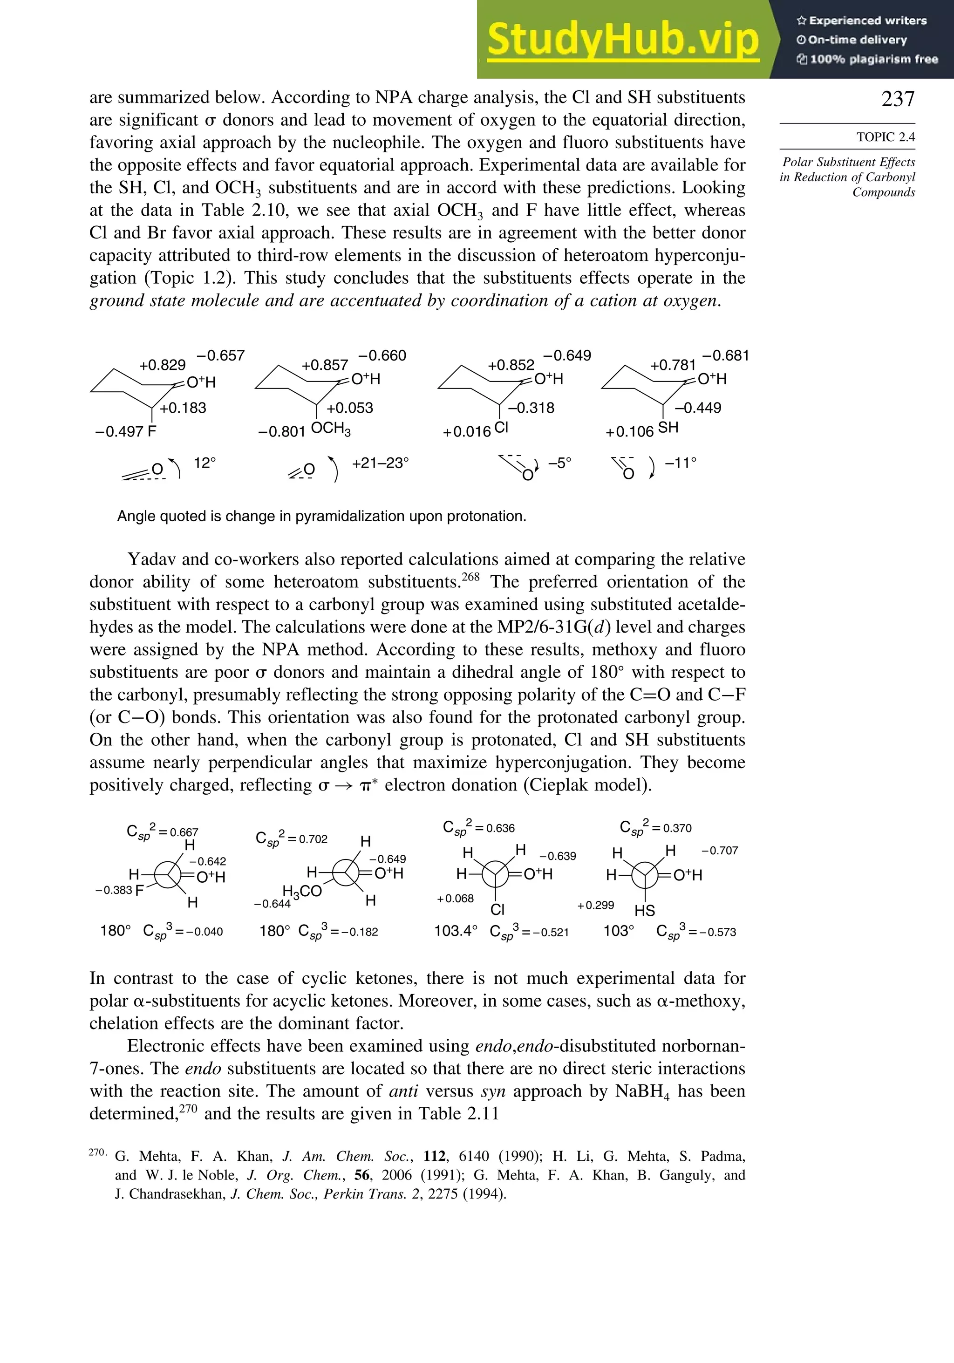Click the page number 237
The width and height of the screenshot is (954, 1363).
898,99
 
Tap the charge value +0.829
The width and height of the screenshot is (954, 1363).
162,365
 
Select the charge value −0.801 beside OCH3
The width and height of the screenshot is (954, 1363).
281,431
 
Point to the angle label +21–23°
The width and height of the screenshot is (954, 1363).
380,463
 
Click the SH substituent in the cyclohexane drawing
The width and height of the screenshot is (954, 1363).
668,428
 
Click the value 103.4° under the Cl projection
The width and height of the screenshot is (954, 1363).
455,930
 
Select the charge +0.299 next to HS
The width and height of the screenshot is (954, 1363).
595,905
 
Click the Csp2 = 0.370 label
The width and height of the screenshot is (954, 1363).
655,827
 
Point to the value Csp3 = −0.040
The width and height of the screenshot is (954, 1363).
183,931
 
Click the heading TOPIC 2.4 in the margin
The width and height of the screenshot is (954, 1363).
885,137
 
